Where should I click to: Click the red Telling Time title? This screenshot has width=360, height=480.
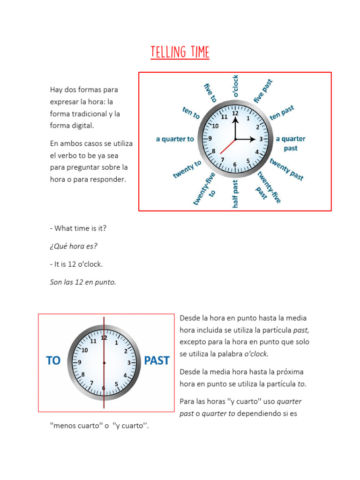[x=180, y=52]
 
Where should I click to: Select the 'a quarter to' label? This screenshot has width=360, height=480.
[x=175, y=139]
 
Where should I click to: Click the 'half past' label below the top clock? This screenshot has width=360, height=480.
[x=235, y=193]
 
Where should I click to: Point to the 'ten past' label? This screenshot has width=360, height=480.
[x=282, y=112]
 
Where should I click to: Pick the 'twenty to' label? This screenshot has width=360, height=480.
[x=187, y=169]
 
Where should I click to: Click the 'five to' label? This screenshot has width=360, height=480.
[x=210, y=93]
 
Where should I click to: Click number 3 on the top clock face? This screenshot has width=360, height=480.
[x=261, y=139]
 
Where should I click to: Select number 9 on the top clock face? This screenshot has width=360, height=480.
[x=210, y=139]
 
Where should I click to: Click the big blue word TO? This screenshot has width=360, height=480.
[x=53, y=361]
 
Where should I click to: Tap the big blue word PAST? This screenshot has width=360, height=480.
[x=157, y=361]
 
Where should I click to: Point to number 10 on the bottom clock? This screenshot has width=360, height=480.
[x=85, y=350]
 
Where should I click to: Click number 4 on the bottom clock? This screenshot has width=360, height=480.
[x=125, y=375]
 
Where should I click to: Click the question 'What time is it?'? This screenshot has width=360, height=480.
[x=78, y=228]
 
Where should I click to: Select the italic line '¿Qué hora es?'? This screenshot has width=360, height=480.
[x=74, y=246]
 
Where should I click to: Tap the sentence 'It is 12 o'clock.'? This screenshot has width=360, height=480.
[x=76, y=264]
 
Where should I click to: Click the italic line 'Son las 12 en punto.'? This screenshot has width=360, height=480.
[x=83, y=282]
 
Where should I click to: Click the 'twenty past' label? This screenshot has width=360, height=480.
[x=287, y=169]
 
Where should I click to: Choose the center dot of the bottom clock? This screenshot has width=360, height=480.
[x=104, y=363]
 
